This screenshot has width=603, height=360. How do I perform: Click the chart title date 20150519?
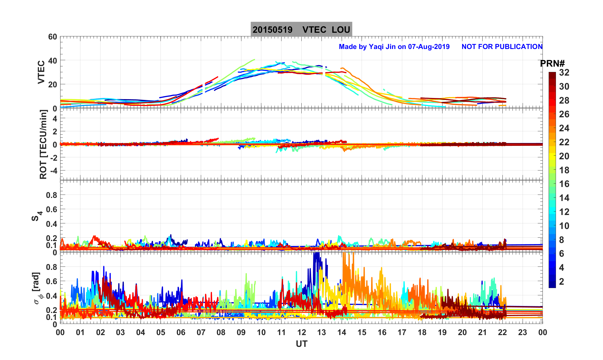(272, 30)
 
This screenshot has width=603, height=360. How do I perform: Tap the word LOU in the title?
(341, 30)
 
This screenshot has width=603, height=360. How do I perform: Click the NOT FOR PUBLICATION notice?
(502, 46)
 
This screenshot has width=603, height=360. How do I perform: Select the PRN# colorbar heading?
(552, 64)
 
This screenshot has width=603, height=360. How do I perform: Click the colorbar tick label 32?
(564, 73)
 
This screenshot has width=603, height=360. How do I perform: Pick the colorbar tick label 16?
(564, 184)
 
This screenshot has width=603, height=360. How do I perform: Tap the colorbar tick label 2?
(561, 281)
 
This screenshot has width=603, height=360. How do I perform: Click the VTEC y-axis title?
(41, 72)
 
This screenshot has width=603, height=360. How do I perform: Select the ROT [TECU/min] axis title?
(43, 144)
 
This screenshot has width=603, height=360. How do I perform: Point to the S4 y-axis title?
(37, 216)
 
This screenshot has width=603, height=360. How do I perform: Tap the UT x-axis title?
(301, 344)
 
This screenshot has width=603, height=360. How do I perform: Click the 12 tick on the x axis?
(301, 333)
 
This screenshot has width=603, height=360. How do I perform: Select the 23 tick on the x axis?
(522, 333)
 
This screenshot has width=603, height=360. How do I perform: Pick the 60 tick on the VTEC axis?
(52, 37)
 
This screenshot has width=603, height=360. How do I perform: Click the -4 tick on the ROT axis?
(53, 170)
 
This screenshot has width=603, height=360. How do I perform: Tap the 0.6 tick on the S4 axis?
(52, 209)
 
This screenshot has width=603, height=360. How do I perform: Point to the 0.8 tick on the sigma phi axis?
(52, 267)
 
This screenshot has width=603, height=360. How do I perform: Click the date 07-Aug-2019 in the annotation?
(429, 46)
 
